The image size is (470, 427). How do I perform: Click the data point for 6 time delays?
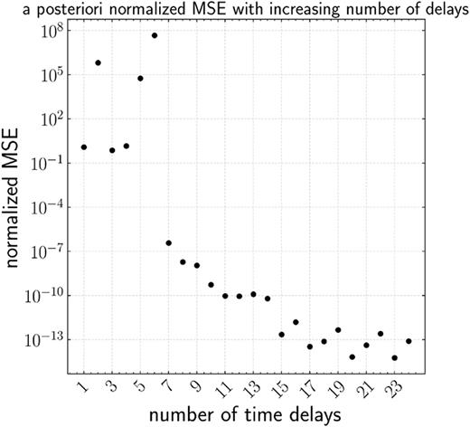click(155, 35)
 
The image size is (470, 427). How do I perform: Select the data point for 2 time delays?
click(98, 62)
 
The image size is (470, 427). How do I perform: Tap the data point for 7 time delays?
click(168, 242)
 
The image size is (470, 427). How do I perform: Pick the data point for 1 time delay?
click(84, 147)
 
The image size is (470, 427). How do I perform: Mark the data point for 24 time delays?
click(409, 341)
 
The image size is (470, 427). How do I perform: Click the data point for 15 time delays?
click(281, 335)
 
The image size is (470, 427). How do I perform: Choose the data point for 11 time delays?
click(225, 296)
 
